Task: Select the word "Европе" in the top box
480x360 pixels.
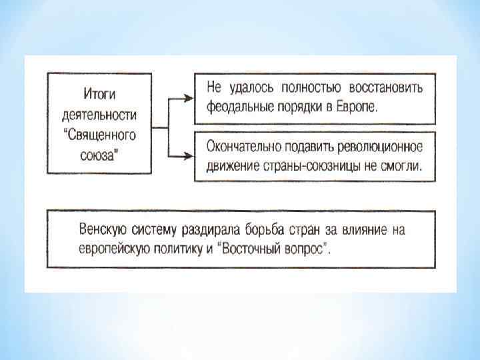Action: point(355,107)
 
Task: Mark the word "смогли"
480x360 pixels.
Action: point(400,165)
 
